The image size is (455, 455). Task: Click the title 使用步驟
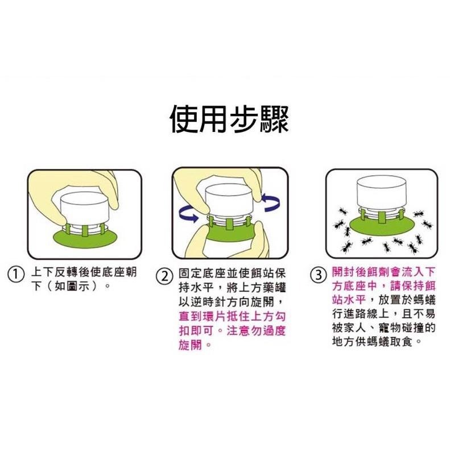pyautogui.click(x=229, y=119)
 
